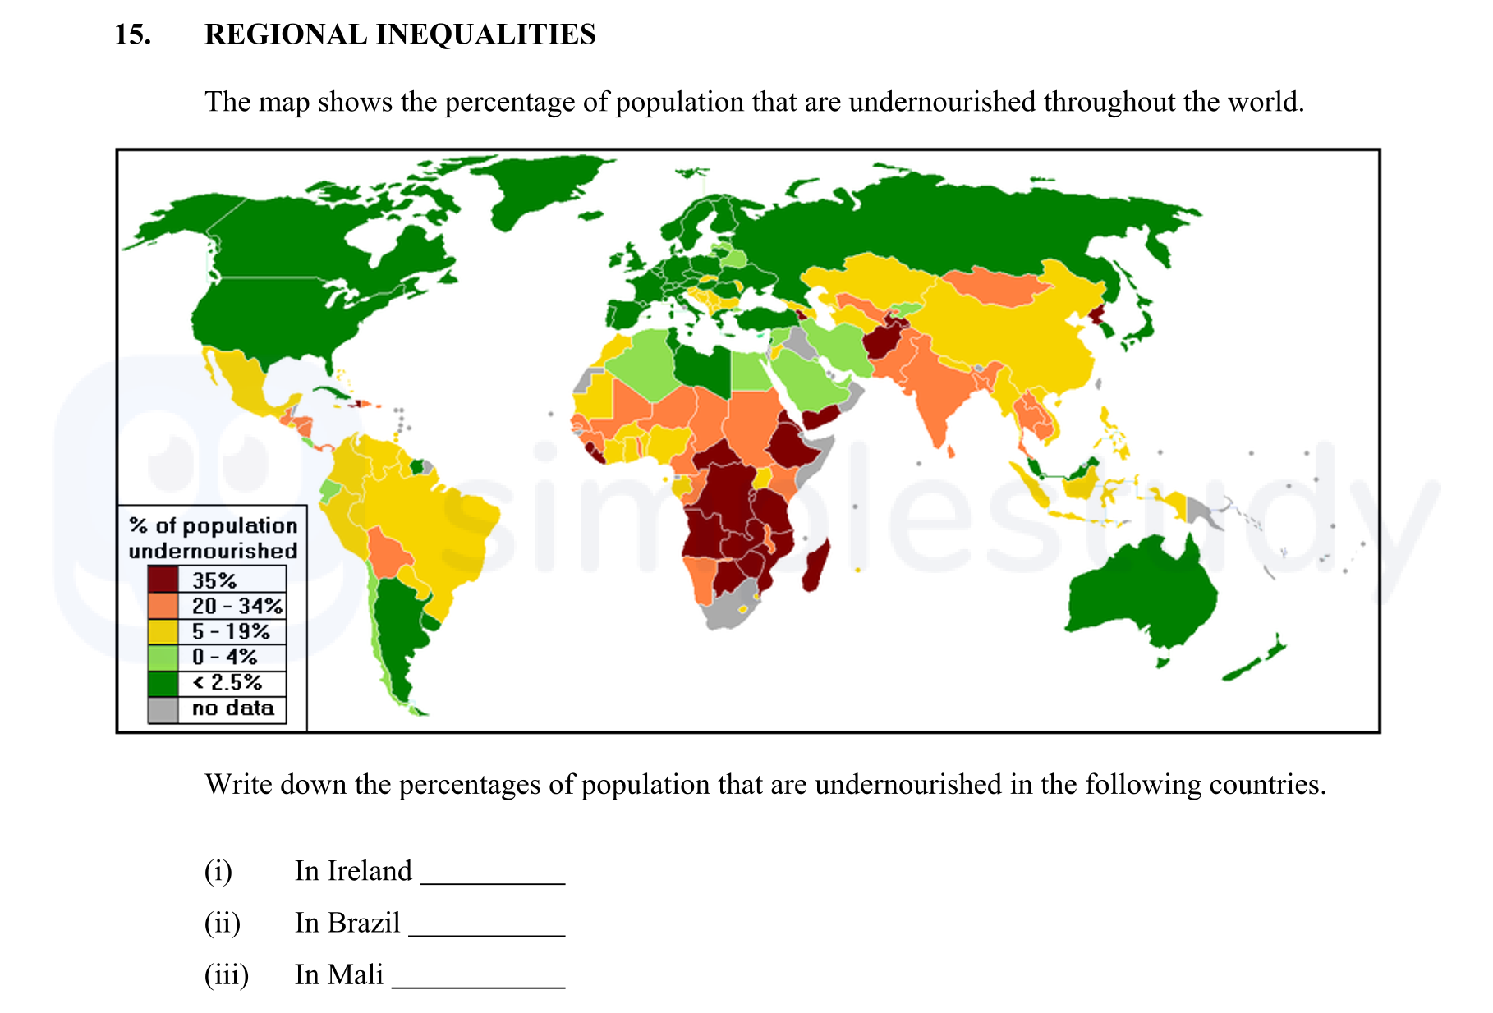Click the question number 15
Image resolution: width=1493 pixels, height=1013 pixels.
(x=133, y=34)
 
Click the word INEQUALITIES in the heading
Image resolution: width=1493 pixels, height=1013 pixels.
(x=485, y=34)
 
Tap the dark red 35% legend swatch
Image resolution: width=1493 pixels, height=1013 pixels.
(x=163, y=580)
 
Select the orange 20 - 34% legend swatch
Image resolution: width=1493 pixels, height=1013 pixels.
(x=163, y=606)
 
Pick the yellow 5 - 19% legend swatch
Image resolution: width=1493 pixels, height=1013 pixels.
(x=163, y=631)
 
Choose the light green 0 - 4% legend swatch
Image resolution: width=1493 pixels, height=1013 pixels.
(x=163, y=657)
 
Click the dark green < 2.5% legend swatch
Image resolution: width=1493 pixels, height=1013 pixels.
(x=163, y=683)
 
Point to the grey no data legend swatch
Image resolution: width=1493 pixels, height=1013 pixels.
(x=163, y=709)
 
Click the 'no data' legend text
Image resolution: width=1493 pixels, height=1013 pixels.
(x=232, y=708)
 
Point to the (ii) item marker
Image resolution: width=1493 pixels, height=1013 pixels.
(x=222, y=924)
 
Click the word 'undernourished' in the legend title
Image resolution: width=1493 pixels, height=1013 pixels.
(x=213, y=551)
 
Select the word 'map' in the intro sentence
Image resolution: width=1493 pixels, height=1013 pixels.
(x=283, y=103)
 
